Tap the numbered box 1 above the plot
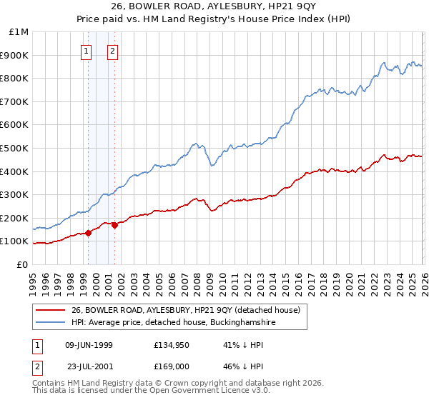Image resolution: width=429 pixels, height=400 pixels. pos(87,50)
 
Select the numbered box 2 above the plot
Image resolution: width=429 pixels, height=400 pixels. pos(113,50)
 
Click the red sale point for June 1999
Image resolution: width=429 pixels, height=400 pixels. pos(89,233)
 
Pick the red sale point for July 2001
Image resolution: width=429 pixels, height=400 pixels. pos(115,225)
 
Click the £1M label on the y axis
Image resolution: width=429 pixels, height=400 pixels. pos(19,32)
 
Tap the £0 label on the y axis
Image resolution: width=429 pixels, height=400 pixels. pos(23,264)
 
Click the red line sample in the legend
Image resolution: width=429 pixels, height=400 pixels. pos(50,310)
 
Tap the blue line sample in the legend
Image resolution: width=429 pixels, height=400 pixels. pos(50,322)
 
